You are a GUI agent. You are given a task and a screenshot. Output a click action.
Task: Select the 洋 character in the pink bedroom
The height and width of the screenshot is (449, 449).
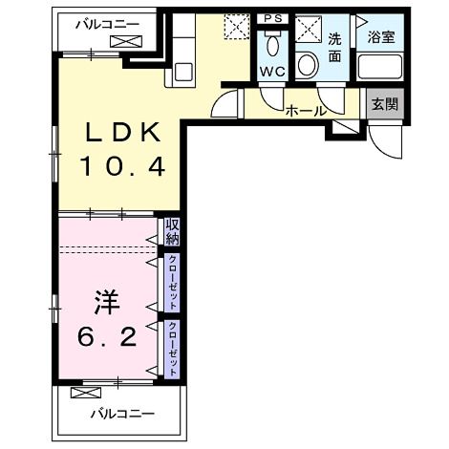[x=104, y=305]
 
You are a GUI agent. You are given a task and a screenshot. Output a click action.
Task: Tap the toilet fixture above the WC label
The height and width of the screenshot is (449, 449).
[x=272, y=44]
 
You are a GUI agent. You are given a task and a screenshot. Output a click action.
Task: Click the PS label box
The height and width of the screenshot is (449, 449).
[x=272, y=18]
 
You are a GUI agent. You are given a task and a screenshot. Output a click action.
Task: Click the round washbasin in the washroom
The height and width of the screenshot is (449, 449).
[x=307, y=65]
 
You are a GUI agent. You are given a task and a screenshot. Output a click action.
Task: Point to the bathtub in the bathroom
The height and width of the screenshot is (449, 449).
[x=379, y=69]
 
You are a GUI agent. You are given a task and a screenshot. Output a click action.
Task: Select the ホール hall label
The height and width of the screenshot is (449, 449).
[x=305, y=111]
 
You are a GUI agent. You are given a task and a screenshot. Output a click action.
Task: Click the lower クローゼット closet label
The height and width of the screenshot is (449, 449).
[x=172, y=345]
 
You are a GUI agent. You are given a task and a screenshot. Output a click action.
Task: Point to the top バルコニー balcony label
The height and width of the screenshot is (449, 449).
[x=107, y=22]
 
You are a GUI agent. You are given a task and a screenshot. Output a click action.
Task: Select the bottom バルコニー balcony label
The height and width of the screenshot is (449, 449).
[x=122, y=414]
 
